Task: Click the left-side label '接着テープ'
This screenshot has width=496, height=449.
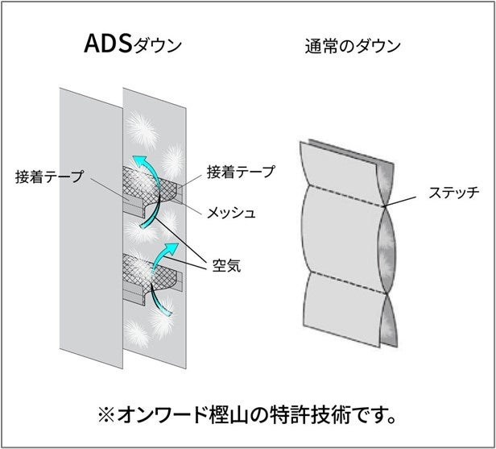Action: click(49, 177)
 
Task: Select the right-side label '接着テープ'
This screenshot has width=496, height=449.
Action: click(241, 172)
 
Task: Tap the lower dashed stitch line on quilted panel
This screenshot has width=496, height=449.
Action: click(342, 274)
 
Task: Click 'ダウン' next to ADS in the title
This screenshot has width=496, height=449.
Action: click(158, 46)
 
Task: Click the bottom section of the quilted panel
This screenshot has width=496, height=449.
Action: click(342, 310)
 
